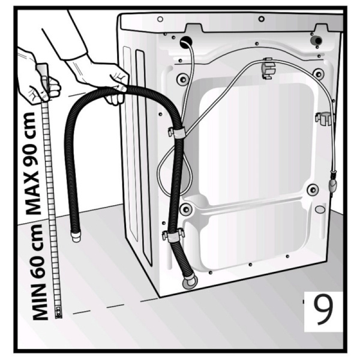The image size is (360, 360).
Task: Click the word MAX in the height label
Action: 33,192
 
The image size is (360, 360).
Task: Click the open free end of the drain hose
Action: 76,236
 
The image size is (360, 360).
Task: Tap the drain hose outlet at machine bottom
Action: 190,282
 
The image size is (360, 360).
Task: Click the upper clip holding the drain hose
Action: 176,133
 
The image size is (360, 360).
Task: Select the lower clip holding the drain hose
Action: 173,235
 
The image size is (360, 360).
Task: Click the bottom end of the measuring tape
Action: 58,313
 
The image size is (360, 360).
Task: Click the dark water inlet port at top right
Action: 316,41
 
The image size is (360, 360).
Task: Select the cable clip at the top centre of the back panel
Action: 268,68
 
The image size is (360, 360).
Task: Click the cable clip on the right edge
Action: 325,118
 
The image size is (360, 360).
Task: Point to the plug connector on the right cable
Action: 332,181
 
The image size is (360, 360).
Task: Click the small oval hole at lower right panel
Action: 320,209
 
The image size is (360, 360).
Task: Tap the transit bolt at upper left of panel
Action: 183,79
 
